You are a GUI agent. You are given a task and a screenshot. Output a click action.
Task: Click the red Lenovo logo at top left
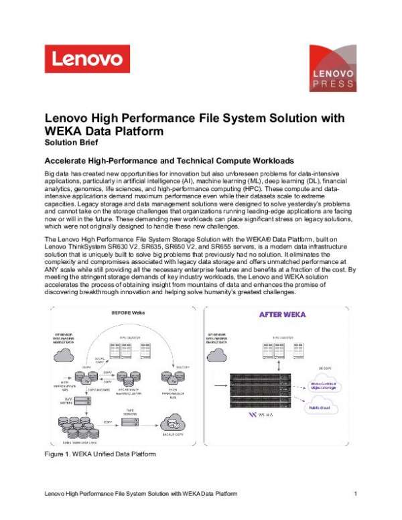pos(83,58)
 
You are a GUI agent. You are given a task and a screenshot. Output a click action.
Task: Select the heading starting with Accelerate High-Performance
pos(168,161)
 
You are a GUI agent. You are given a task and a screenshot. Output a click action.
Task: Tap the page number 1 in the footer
pos(356,494)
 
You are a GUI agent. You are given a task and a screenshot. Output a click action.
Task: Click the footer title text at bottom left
pos(140,494)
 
